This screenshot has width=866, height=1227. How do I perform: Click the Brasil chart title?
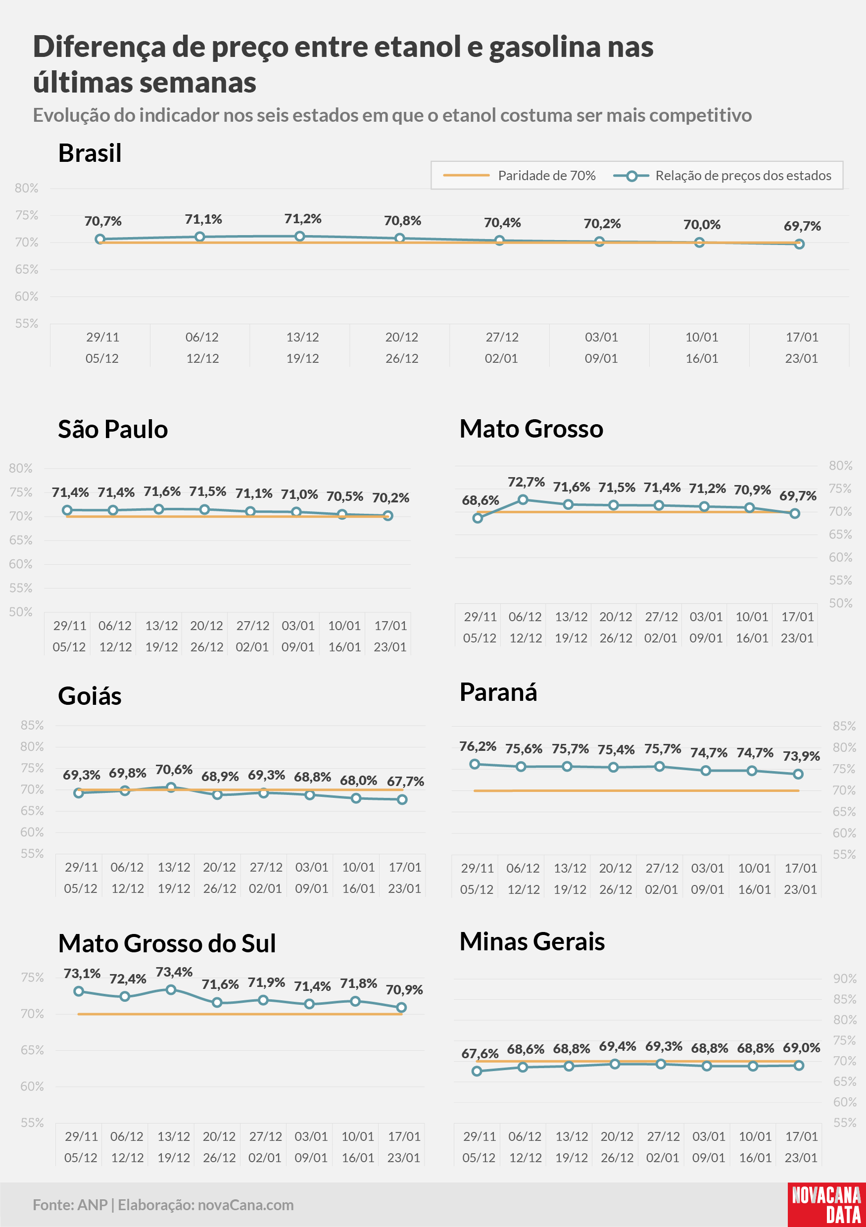tap(90, 153)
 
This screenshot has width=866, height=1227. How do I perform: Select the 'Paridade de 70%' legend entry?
tap(519, 175)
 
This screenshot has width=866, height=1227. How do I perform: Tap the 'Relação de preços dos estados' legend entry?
tap(722, 175)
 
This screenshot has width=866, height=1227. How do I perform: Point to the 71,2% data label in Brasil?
tap(303, 219)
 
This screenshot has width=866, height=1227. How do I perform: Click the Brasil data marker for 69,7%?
tap(799, 244)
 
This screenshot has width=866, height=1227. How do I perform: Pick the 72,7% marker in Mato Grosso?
tap(523, 500)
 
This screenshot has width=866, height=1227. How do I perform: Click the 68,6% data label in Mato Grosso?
tap(481, 500)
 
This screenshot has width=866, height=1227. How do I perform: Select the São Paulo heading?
tap(113, 429)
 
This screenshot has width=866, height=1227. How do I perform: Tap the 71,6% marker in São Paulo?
tap(159, 509)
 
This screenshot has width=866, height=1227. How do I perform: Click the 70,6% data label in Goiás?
tap(174, 770)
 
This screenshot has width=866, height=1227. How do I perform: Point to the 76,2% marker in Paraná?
tap(475, 764)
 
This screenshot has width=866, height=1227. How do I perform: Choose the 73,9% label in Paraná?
tap(801, 756)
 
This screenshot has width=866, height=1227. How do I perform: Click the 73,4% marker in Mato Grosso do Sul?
tap(171, 990)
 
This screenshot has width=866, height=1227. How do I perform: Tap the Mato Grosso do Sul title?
tap(167, 943)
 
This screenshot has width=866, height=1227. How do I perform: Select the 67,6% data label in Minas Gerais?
tap(480, 1053)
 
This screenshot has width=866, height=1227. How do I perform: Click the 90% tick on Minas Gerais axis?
tap(845, 979)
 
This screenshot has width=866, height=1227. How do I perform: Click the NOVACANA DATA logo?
tap(826, 1205)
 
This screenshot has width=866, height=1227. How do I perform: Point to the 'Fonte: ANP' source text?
tap(70, 1205)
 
